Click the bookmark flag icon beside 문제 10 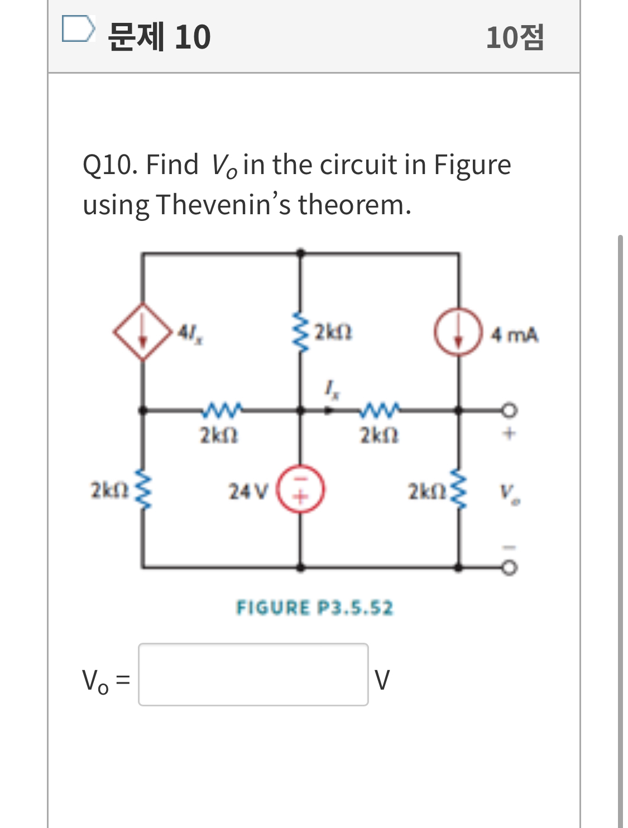coord(77,29)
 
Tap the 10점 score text coord(514,37)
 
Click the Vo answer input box coord(253,674)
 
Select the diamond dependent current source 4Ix coord(143,332)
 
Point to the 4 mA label coord(514,335)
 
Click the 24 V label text coord(248,492)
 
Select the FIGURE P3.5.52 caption coord(314,607)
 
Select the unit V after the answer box coord(382,680)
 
